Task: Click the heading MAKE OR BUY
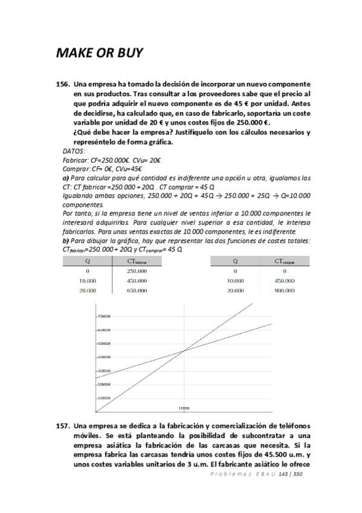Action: point(99,53)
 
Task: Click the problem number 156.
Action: point(63,82)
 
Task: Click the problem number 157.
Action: point(63,425)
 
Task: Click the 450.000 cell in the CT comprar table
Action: point(284,281)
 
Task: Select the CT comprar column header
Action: point(284,261)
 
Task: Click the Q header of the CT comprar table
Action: point(234,261)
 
